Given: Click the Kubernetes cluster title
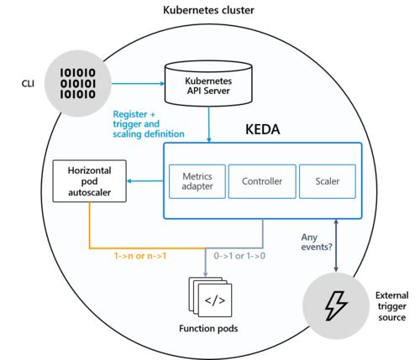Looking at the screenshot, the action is click(208, 10).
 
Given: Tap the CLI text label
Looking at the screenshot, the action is click(28, 84).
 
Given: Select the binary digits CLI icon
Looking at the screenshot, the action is click(78, 83).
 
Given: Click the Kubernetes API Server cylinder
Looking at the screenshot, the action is click(208, 83).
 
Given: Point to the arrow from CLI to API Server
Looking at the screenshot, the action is click(138, 83).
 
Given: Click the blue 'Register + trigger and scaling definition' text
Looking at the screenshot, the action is click(149, 124).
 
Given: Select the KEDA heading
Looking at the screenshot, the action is click(263, 129).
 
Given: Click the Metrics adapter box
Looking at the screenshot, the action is click(197, 181).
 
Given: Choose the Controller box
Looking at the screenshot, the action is click(262, 181).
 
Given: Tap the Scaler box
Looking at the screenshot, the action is click(328, 181).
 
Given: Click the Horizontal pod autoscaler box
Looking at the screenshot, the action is click(90, 181).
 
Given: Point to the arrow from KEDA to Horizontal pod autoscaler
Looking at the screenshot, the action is click(145, 181).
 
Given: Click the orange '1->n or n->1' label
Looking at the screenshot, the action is click(140, 256).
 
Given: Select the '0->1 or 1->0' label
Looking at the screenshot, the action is click(239, 256).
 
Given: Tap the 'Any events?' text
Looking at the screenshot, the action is click(317, 242).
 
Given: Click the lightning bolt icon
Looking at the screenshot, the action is click(336, 305).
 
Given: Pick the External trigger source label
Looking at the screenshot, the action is click(392, 306).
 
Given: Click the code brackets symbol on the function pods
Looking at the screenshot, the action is click(215, 300).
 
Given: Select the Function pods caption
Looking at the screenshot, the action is click(208, 328).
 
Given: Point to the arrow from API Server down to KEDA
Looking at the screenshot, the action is click(208, 124).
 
